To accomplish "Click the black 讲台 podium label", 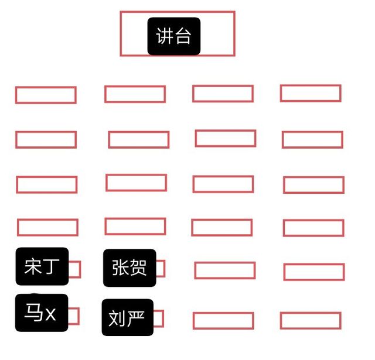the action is pyautogui.click(x=174, y=36).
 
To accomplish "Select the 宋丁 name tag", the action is pyautogui.click(x=42, y=266).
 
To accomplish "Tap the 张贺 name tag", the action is pyautogui.click(x=129, y=268).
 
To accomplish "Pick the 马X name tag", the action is pyautogui.click(x=42, y=313).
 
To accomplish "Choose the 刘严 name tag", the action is pyautogui.click(x=128, y=317).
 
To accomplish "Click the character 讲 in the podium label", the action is pyautogui.click(x=165, y=36).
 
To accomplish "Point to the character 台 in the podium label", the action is pyautogui.click(x=183, y=36).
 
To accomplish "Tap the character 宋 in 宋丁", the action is pyautogui.click(x=33, y=266).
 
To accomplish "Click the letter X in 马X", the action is pyautogui.click(x=50, y=314).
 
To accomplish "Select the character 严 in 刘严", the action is pyautogui.click(x=136, y=318).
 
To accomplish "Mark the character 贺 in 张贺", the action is pyautogui.click(x=138, y=268).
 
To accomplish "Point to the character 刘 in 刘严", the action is pyautogui.click(x=117, y=318).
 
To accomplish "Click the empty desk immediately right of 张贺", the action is pyautogui.click(x=225, y=270).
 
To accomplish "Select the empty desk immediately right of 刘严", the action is pyautogui.click(x=223, y=321).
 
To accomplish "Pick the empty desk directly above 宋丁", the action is pyautogui.click(x=47, y=228).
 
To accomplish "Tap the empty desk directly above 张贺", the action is pyautogui.click(x=135, y=226).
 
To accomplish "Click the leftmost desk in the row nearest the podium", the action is pyautogui.click(x=46, y=95).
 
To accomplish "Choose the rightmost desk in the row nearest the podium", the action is pyautogui.click(x=311, y=93).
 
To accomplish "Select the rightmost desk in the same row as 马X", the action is pyautogui.click(x=311, y=321).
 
